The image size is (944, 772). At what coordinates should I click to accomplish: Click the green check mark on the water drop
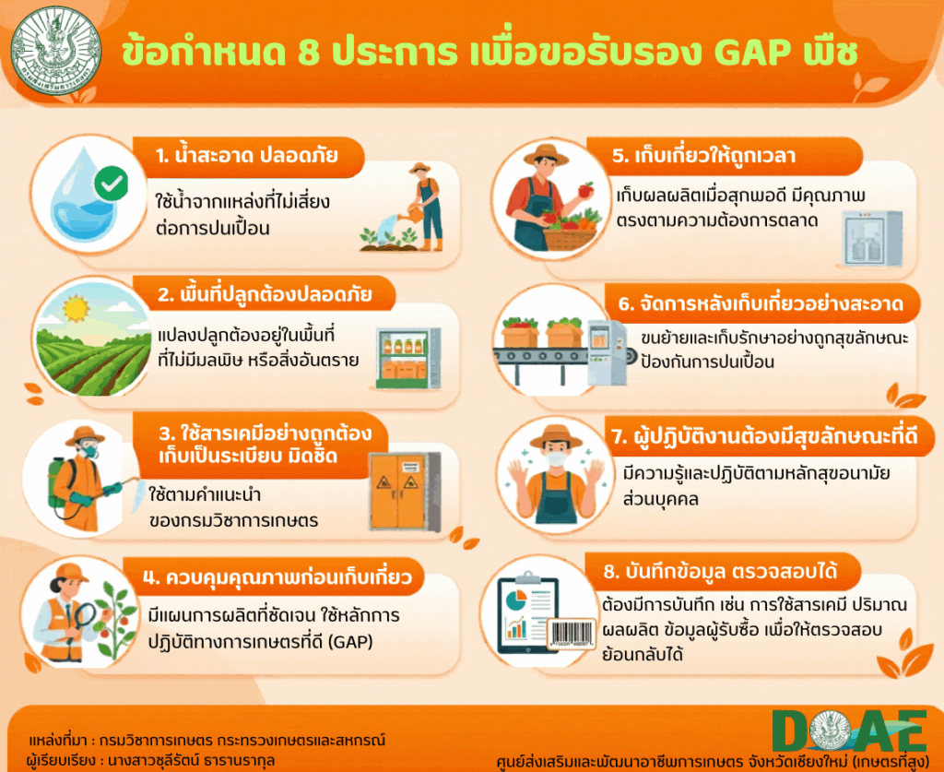coord(111,183)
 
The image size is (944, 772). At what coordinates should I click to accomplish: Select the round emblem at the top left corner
coord(56,51)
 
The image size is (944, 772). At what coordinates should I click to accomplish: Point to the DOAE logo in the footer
coord(849,731)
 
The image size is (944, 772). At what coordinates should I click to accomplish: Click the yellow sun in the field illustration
coord(77,308)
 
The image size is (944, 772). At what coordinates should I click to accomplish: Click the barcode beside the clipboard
coord(572,634)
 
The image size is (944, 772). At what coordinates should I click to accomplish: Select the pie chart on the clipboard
coord(516,600)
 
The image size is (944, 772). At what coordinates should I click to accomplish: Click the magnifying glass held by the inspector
coord(83,617)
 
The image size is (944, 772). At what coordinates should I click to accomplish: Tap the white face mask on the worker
coord(555,459)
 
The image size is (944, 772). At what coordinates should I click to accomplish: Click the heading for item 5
coord(704,155)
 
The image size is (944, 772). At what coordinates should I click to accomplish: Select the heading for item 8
coord(720,570)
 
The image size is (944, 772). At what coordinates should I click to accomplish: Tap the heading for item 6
coord(761,303)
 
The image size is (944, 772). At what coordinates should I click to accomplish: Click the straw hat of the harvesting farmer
coord(546,154)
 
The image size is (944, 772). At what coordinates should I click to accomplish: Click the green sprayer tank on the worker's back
coord(57,483)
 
